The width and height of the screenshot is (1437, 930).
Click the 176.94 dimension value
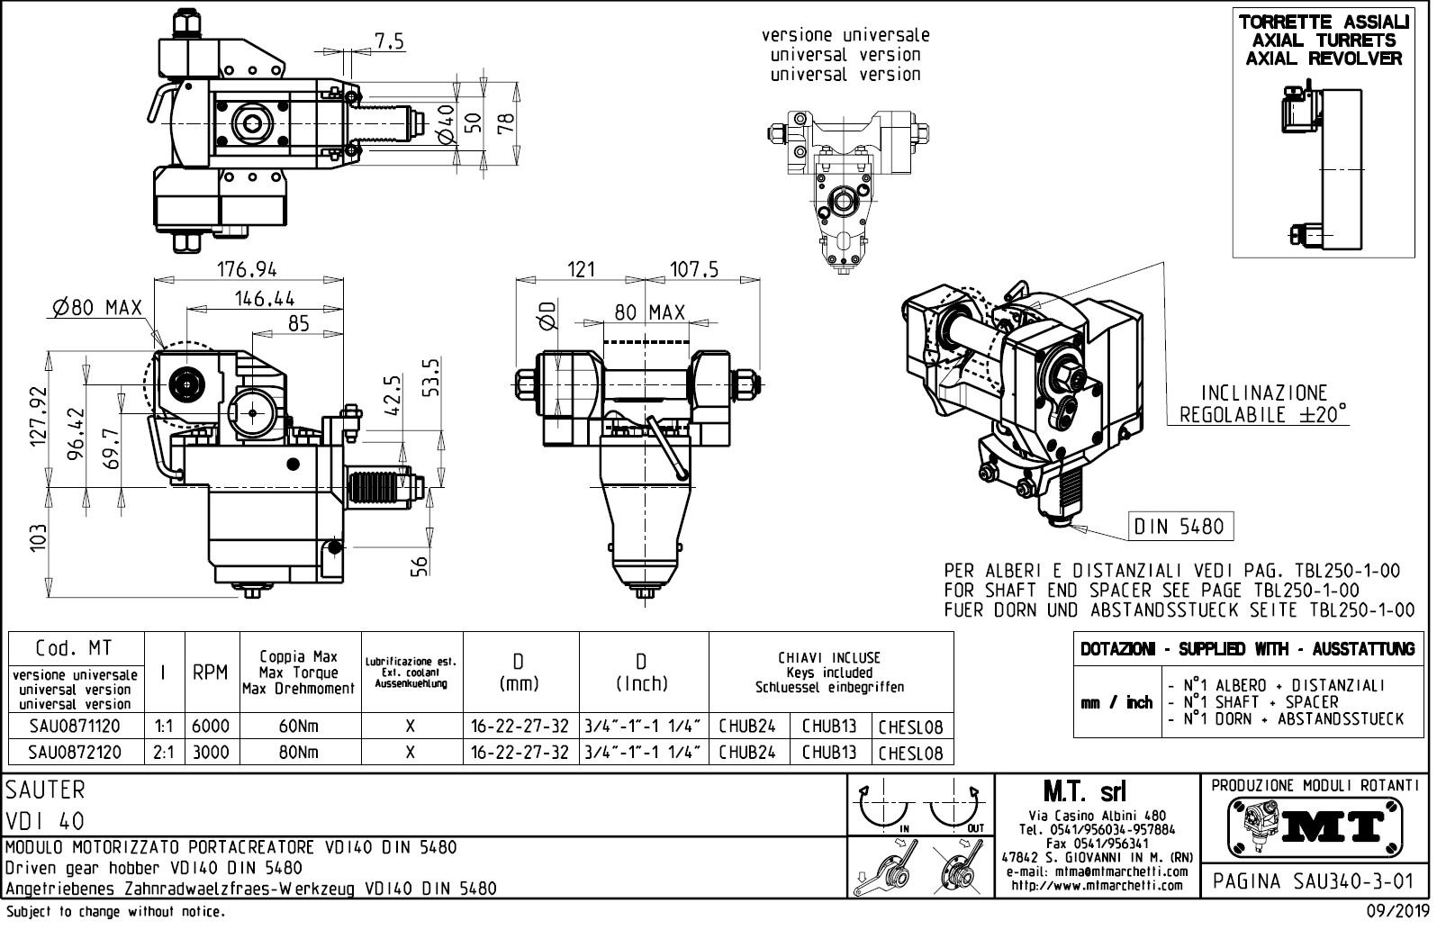coord(248,269)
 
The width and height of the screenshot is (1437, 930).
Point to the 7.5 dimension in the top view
coord(389,41)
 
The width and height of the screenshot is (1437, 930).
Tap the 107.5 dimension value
coord(693,269)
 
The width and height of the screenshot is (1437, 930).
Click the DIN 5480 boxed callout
coord(1179,527)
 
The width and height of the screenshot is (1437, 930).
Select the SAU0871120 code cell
coord(75,727)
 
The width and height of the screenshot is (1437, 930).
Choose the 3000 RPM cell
coord(211,752)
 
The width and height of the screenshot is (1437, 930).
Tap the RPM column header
coord(211,673)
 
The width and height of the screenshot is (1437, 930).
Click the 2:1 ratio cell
coord(164,752)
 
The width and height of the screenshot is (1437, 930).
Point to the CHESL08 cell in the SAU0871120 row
coord(910,727)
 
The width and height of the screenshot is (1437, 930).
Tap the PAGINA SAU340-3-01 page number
coord(1314,881)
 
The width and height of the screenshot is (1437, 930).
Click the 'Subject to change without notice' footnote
coord(114,912)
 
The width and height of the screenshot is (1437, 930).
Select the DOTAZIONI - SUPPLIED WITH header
coord(1247,649)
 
